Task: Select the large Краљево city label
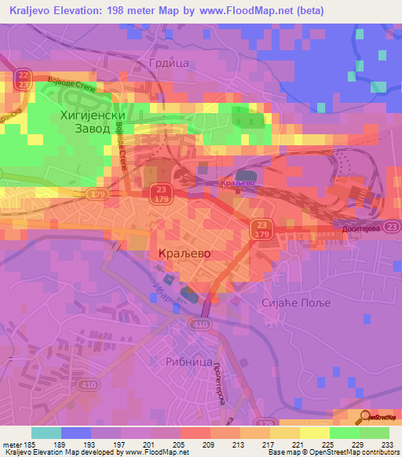180,254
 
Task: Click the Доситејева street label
360,228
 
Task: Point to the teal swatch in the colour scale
46,433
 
